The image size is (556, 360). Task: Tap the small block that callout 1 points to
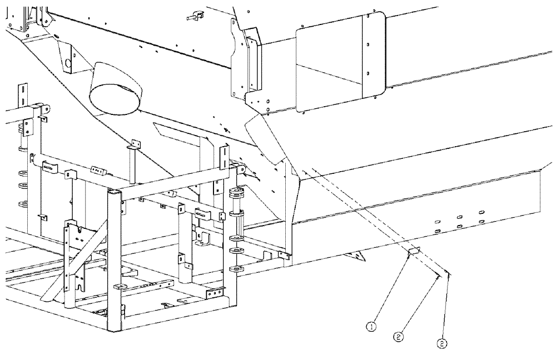click(413, 252)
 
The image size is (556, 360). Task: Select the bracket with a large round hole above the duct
click(67, 61)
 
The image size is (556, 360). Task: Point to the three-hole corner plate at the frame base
click(215, 294)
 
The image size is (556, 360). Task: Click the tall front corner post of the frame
click(113, 261)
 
